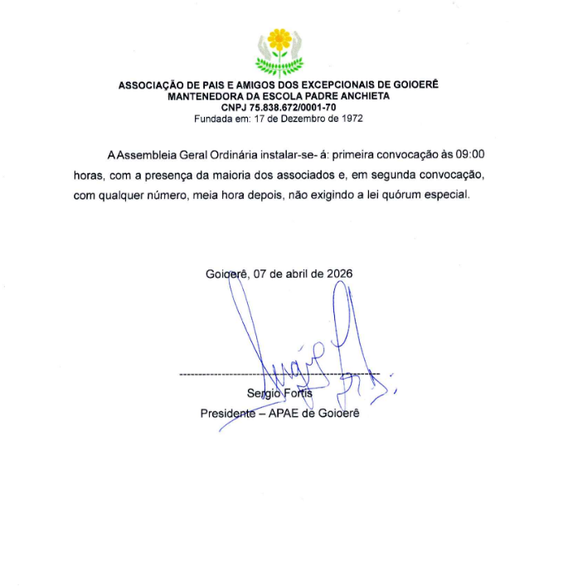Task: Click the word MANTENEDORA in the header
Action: pos(204,96)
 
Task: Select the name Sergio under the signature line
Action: pos(264,394)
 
